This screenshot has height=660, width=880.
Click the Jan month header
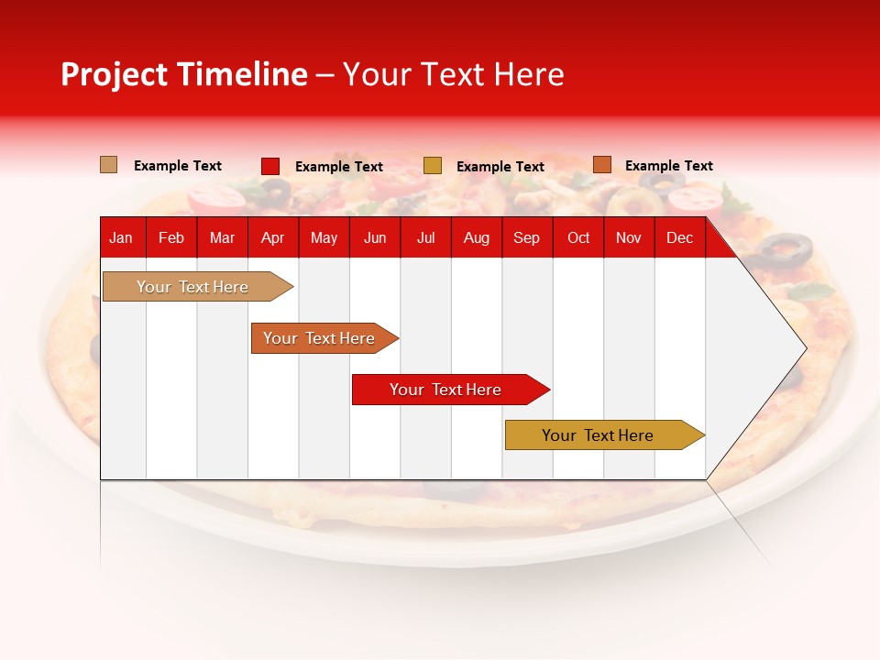(121, 238)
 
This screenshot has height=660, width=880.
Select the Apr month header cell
(272, 238)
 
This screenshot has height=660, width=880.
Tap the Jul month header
(425, 238)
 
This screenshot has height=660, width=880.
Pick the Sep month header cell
(526, 238)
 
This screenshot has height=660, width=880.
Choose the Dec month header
(679, 238)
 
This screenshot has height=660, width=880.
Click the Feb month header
(171, 238)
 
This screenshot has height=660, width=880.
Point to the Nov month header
(628, 238)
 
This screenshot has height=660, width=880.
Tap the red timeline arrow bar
(446, 390)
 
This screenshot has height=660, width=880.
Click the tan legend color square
(109, 165)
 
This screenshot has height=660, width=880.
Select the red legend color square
(270, 166)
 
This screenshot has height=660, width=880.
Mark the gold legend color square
(433, 165)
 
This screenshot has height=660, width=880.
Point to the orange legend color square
(601, 165)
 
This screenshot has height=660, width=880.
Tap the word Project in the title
(114, 74)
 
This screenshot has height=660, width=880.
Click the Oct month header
(578, 238)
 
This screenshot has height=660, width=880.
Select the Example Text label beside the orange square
(668, 166)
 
